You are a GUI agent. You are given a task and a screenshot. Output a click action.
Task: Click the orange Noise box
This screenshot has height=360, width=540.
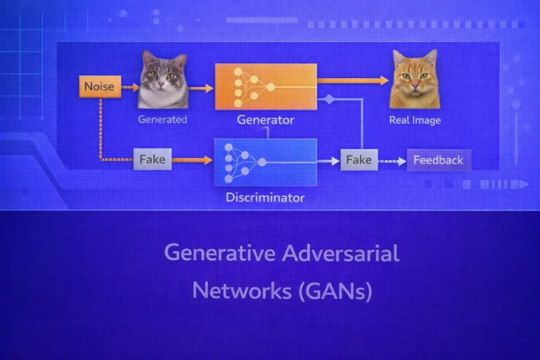click(x=99, y=87)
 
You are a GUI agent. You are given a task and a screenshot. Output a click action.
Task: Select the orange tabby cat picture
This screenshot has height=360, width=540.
click(x=415, y=79)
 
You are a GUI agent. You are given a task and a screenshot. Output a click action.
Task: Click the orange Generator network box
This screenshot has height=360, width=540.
click(x=265, y=86)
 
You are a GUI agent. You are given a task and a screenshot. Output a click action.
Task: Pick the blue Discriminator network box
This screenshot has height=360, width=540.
click(x=265, y=162)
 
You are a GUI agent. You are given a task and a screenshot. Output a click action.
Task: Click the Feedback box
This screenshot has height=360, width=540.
click(x=438, y=160)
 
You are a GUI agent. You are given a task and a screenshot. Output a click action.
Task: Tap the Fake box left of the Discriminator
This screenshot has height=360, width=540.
click(x=152, y=160)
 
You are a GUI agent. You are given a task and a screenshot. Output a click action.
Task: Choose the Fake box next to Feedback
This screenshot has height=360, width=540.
click(x=359, y=160)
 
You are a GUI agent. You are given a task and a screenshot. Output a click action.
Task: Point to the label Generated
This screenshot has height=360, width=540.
click(x=162, y=120)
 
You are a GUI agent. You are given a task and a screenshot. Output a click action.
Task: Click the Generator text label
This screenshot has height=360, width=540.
click(x=265, y=120)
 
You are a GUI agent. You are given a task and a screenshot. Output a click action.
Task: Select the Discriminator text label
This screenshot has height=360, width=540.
click(x=265, y=198)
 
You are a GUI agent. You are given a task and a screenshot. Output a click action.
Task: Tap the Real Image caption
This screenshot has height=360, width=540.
click(x=415, y=120)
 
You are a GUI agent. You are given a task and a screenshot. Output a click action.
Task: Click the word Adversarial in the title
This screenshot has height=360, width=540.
click(x=340, y=252)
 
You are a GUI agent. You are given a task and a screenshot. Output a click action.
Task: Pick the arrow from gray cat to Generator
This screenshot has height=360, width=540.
click(x=201, y=89)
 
